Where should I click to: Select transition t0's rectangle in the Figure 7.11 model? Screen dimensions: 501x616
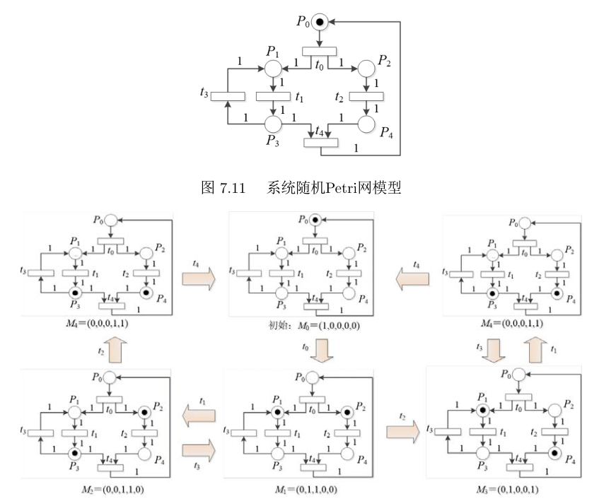click(319, 50)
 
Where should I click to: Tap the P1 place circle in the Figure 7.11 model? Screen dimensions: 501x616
click(273, 69)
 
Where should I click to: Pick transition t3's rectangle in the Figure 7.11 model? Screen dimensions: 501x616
click(228, 96)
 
